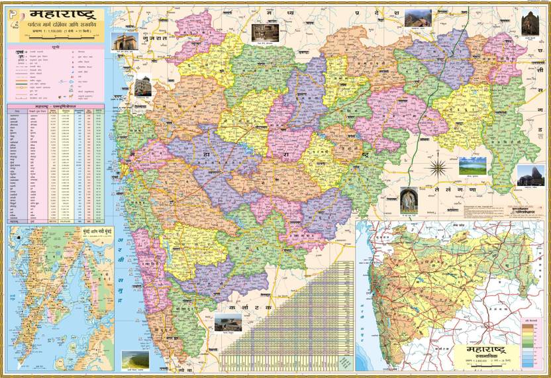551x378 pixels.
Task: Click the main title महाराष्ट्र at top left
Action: click(x=58, y=13)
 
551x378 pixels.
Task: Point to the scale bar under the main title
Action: click(x=56, y=40)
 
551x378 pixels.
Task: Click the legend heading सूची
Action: click(x=56, y=48)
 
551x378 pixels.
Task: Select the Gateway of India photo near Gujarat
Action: click(x=123, y=42)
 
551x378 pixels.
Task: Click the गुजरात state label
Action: click(x=151, y=39)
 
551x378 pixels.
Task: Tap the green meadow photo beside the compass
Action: click(x=472, y=165)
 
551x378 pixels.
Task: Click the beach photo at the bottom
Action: click(x=134, y=359)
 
